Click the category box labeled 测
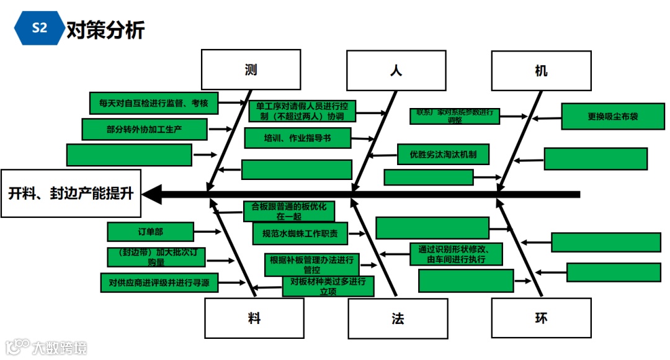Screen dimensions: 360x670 point(251,70)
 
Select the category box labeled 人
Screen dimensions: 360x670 point(396,70)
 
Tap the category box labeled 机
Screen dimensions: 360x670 point(541,70)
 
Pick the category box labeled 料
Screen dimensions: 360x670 point(254,318)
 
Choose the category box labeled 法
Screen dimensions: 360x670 point(398,319)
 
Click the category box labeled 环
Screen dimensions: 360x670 point(541,318)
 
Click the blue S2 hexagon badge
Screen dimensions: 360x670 point(39,28)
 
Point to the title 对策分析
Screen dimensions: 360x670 point(105,29)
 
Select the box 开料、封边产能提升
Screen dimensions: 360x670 point(71,193)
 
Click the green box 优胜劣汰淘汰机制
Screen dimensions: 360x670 point(443,153)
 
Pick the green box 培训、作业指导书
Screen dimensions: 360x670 point(298,138)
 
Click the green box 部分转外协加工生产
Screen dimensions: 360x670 point(144,129)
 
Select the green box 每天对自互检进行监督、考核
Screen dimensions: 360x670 point(154,103)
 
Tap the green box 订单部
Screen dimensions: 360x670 point(151,232)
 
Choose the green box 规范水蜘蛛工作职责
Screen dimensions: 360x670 point(300,233)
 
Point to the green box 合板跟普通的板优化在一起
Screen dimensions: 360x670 point(288,211)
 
